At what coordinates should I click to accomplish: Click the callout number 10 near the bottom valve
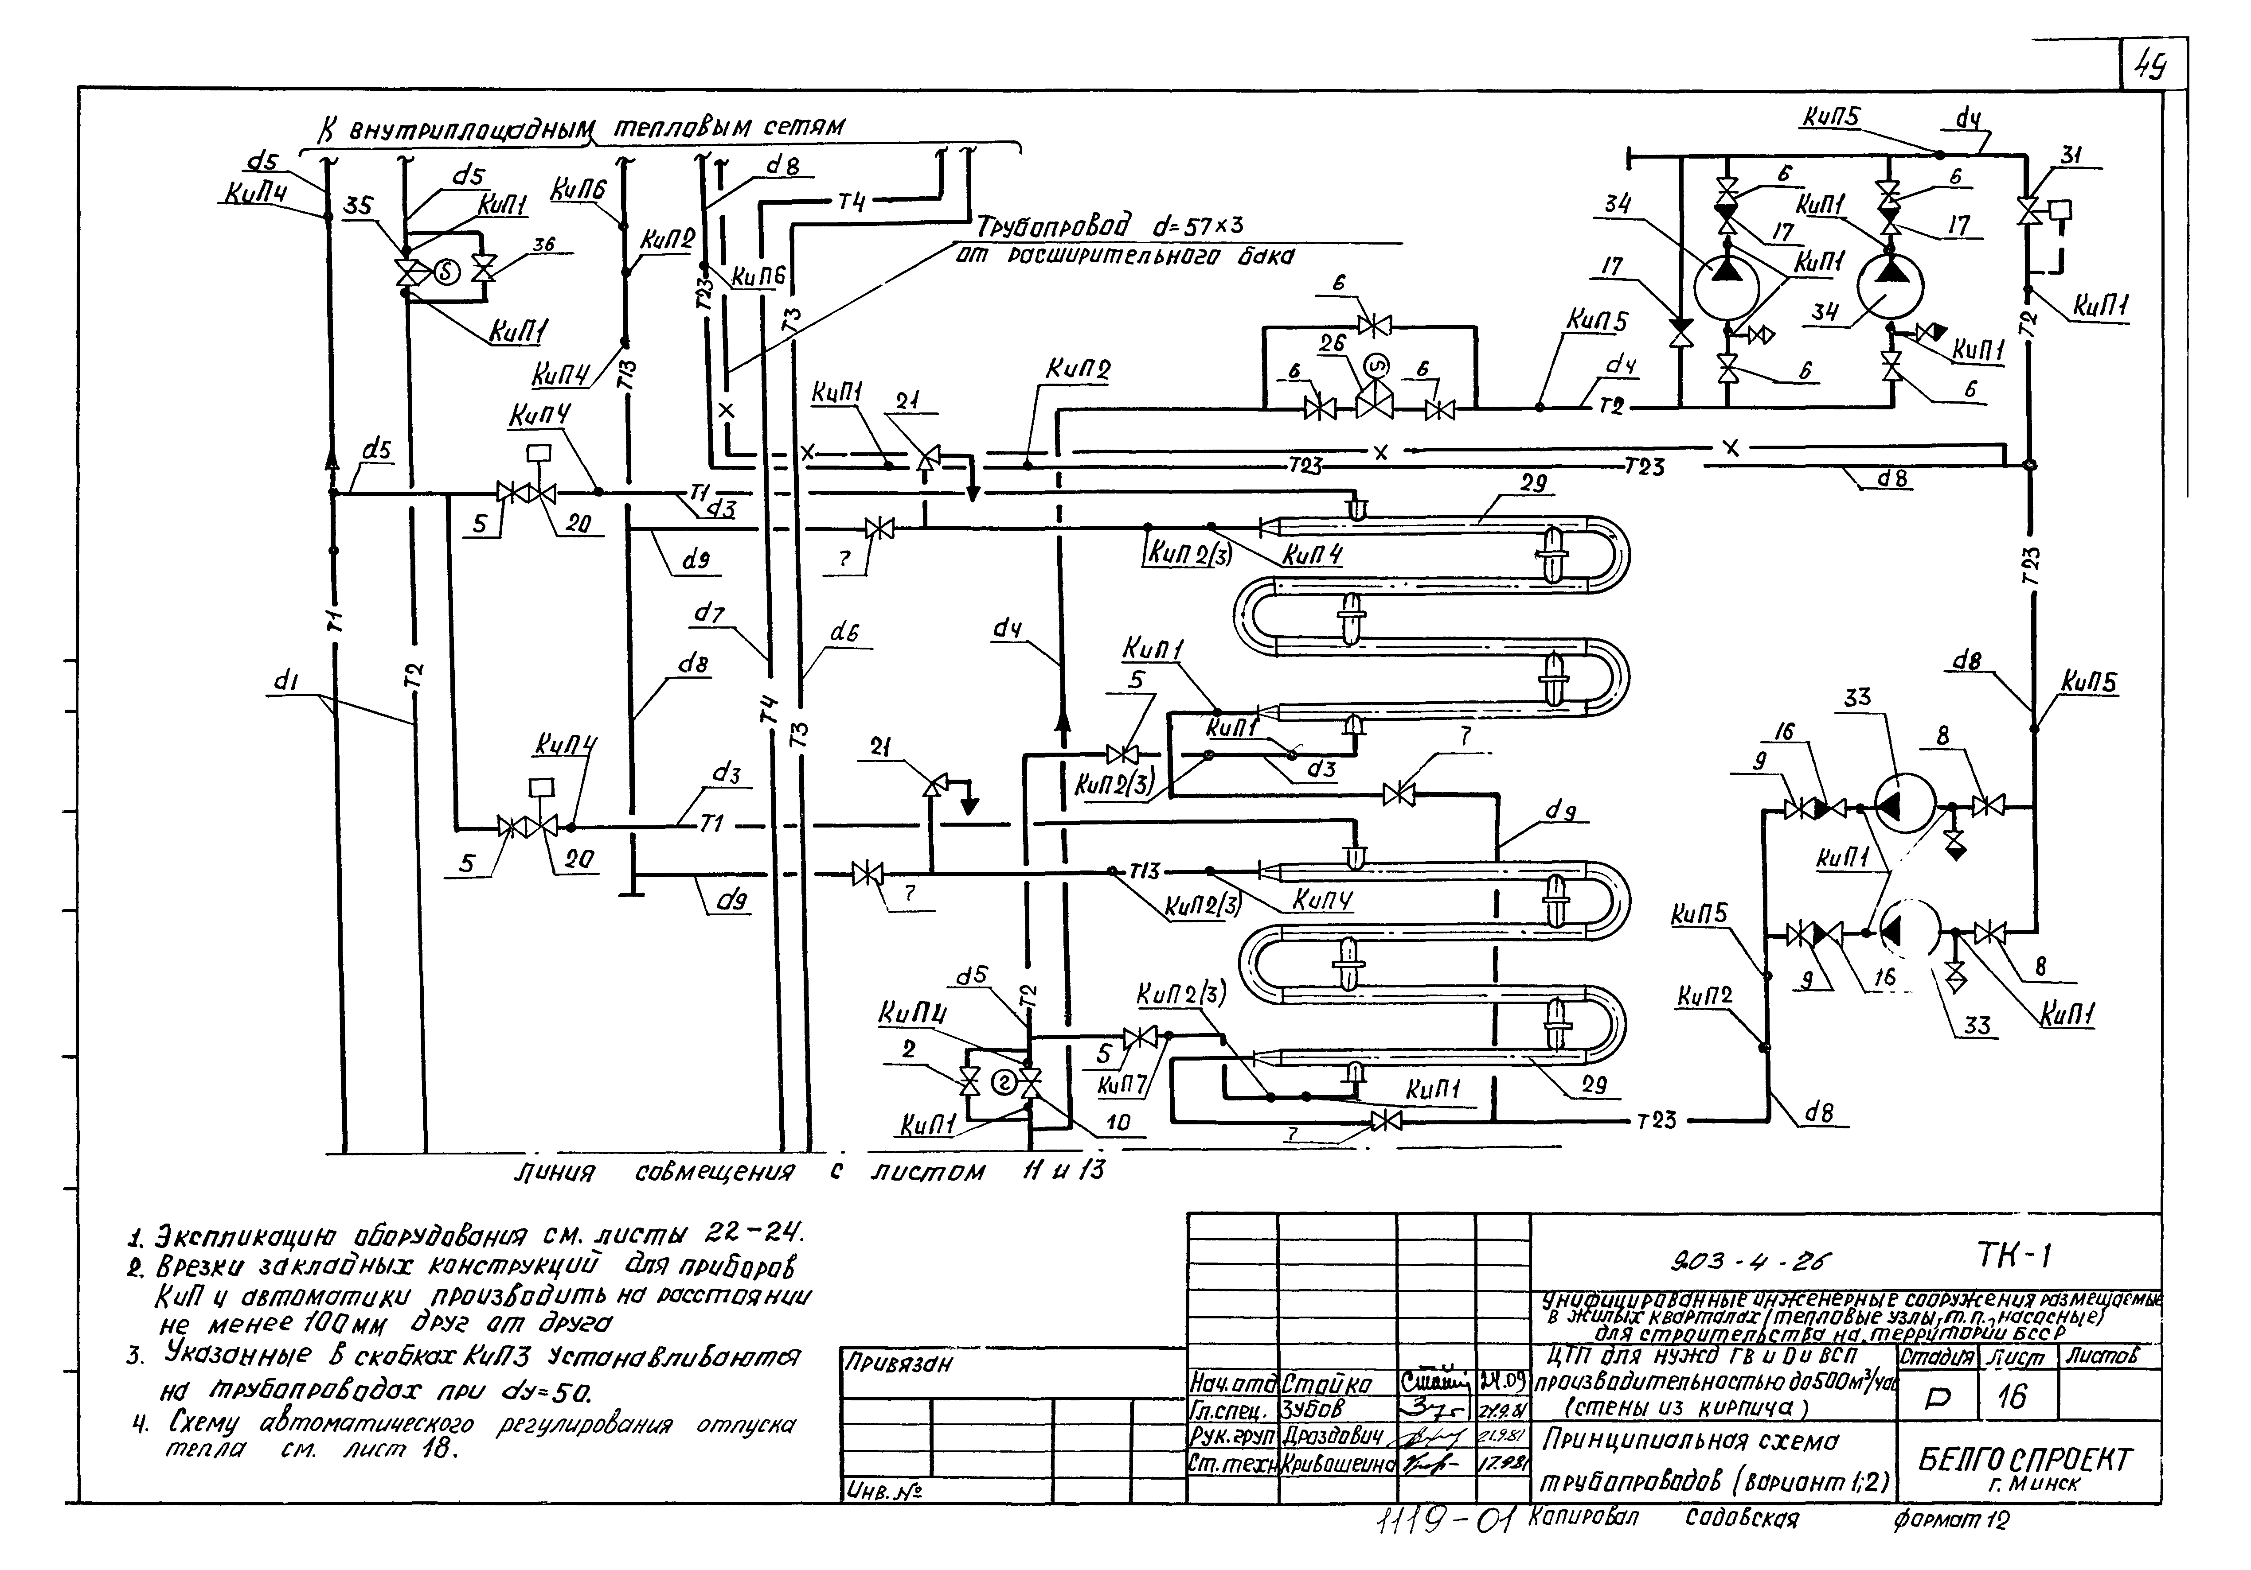[1118, 1122]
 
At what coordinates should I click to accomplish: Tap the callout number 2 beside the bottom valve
[910, 1049]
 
